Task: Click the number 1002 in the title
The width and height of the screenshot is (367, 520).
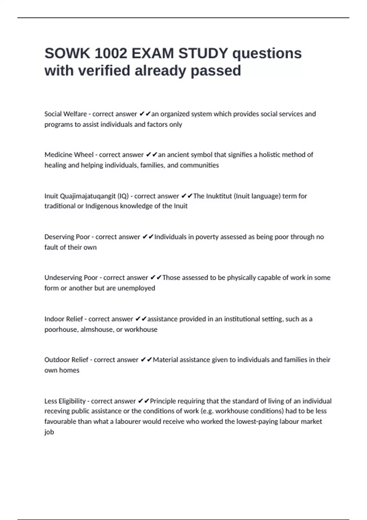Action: [x=111, y=54]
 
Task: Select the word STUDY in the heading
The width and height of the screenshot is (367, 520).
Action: [x=203, y=54]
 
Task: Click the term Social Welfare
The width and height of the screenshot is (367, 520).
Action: [x=65, y=114]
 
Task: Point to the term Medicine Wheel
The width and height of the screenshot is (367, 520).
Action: [x=69, y=155]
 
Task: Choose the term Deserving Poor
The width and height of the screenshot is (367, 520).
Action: [x=67, y=237]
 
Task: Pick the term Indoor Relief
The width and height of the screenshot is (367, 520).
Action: [x=63, y=319]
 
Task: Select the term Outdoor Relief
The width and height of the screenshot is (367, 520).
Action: [x=66, y=360]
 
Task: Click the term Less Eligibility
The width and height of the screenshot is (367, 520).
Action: [x=65, y=401]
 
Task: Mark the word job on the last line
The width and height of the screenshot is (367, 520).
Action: [x=49, y=432]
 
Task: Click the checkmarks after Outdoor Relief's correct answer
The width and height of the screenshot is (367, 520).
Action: [x=146, y=360]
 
